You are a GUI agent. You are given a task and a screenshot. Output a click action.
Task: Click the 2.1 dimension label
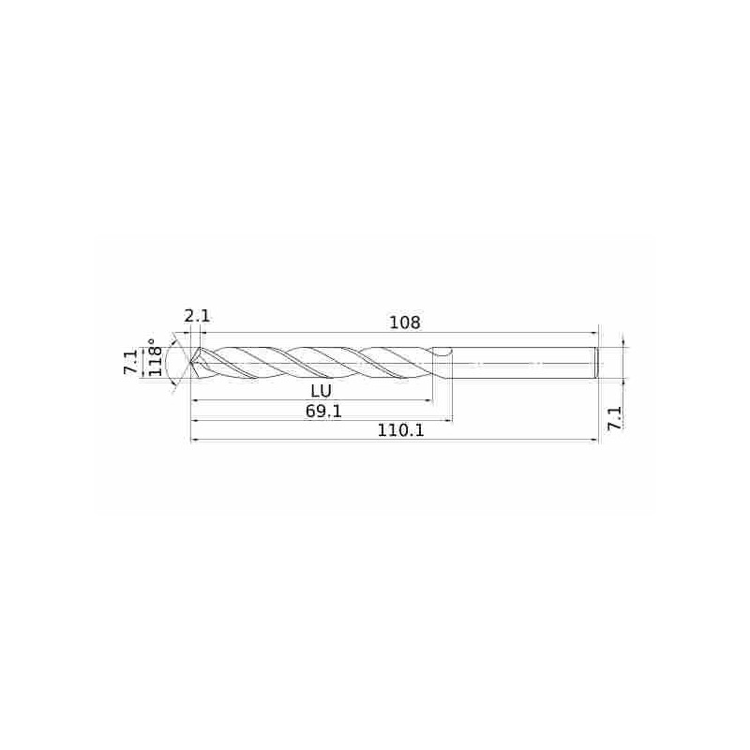point(197,316)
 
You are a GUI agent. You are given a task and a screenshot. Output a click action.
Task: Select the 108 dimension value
point(405,322)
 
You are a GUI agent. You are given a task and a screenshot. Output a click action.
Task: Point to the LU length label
point(321,391)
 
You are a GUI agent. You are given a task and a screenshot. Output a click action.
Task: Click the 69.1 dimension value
point(323,411)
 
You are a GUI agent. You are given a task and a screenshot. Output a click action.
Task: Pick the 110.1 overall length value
point(401,430)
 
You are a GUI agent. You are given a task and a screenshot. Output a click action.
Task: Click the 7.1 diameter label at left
point(130,362)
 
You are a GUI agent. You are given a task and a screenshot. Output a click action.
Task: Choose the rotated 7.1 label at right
point(615,418)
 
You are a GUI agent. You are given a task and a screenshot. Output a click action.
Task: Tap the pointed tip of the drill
point(191,363)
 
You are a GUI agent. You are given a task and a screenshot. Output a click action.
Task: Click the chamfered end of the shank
point(597,363)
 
